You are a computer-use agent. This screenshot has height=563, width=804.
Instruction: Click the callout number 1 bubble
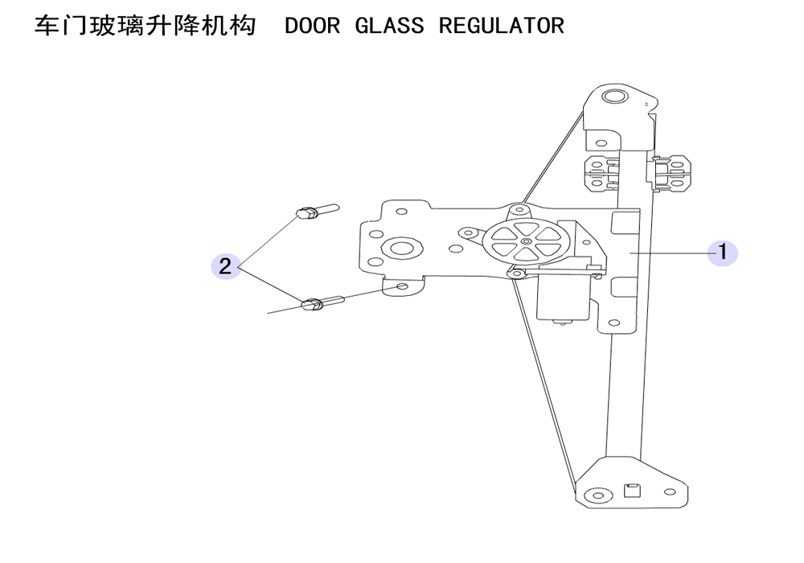pyautogui.click(x=723, y=253)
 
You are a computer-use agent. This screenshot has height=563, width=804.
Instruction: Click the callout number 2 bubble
pyautogui.click(x=226, y=266)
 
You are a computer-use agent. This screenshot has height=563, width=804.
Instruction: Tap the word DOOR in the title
pyautogui.click(x=312, y=26)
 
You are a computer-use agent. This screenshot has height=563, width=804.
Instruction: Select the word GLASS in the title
pyautogui.click(x=389, y=26)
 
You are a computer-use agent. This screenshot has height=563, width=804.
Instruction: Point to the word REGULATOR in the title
pyautogui.click(x=502, y=26)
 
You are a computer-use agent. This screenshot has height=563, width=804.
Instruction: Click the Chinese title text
pyautogui.click(x=145, y=26)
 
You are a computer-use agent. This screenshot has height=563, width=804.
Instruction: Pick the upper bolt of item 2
pyautogui.click(x=317, y=211)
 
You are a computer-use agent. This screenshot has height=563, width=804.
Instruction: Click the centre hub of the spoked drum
pyautogui.click(x=525, y=241)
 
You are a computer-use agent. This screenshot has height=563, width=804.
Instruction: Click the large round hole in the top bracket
pyautogui.click(x=613, y=97)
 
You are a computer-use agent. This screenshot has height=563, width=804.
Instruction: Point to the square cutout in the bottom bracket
pyautogui.click(x=632, y=491)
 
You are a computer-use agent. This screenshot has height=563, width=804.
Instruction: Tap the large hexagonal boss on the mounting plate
pyautogui.click(x=401, y=249)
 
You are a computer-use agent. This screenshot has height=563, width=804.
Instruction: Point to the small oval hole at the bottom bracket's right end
pyautogui.click(x=670, y=492)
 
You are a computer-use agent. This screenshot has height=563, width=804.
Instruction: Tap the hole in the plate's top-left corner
pyautogui.click(x=402, y=212)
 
